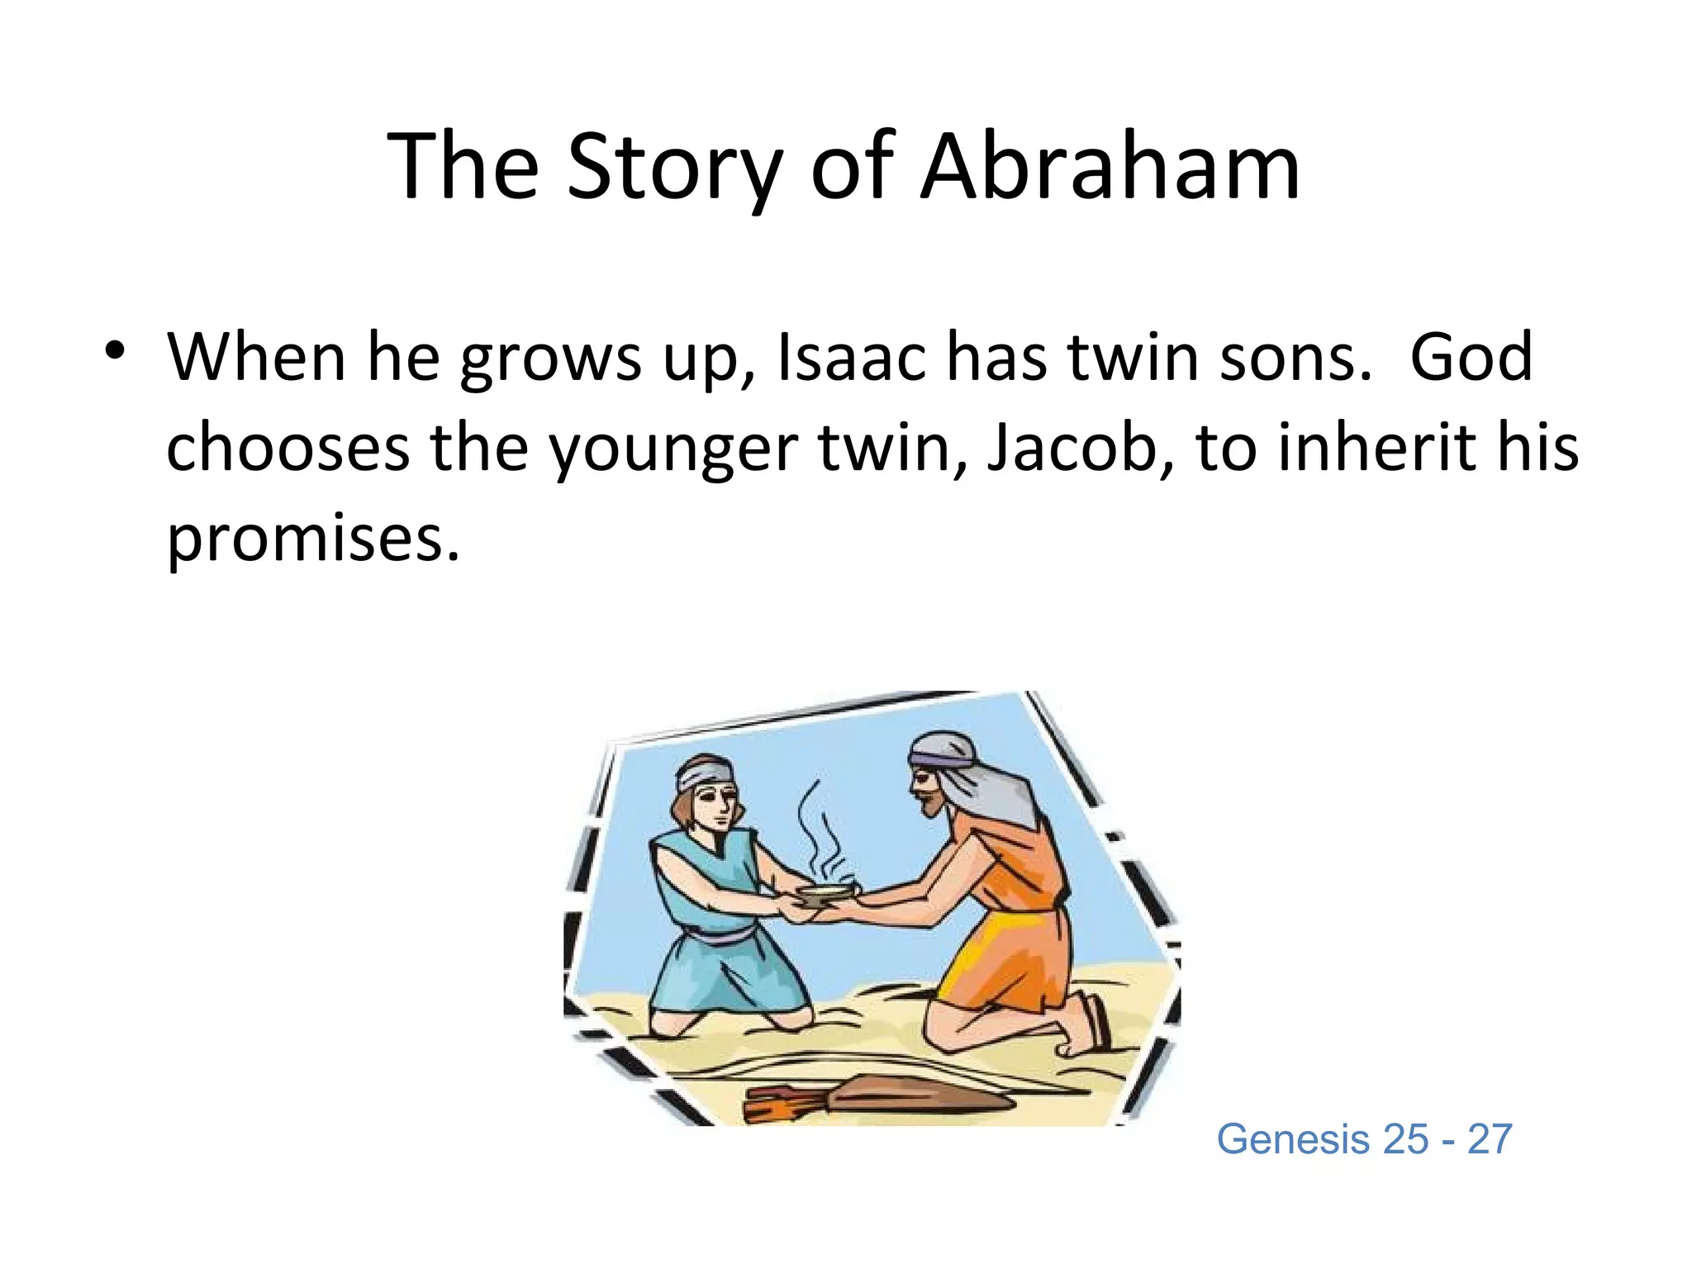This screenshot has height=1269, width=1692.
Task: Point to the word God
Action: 1471,358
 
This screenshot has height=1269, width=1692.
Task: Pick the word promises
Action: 312,539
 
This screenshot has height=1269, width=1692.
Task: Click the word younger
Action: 673,447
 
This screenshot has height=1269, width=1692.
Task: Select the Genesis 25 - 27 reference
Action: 1364,1139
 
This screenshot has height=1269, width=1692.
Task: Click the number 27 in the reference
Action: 1489,1139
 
